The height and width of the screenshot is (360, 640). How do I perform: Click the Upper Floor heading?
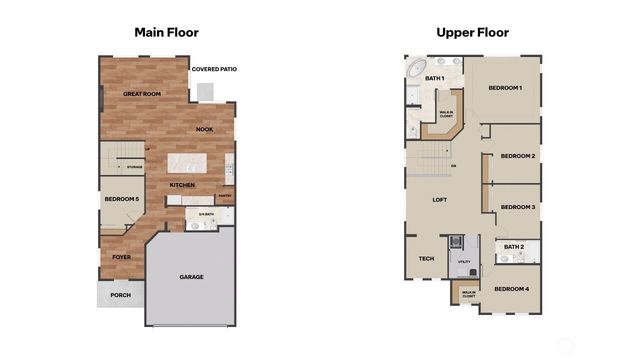click(x=472, y=32)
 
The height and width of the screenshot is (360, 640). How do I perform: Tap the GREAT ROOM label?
click(x=142, y=93)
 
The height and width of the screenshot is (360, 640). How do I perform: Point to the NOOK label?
click(x=204, y=129)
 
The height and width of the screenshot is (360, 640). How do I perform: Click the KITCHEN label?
click(x=182, y=185)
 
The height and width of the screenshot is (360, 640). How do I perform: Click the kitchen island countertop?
click(x=186, y=162)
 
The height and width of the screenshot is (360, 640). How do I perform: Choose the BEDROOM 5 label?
click(x=121, y=199)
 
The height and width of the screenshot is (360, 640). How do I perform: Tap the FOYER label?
click(x=121, y=257)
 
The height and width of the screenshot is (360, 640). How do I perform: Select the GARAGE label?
click(x=191, y=276)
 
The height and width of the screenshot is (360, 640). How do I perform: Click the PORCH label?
click(x=120, y=295)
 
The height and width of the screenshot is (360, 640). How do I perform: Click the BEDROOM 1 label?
click(x=505, y=88)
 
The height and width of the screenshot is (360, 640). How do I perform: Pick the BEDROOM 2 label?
click(x=517, y=156)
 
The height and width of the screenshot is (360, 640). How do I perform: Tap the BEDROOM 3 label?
click(x=517, y=207)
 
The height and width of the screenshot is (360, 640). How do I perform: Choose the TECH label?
click(x=426, y=259)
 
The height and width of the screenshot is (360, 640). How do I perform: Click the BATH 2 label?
click(x=514, y=246)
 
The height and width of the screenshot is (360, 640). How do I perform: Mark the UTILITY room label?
click(x=463, y=262)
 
